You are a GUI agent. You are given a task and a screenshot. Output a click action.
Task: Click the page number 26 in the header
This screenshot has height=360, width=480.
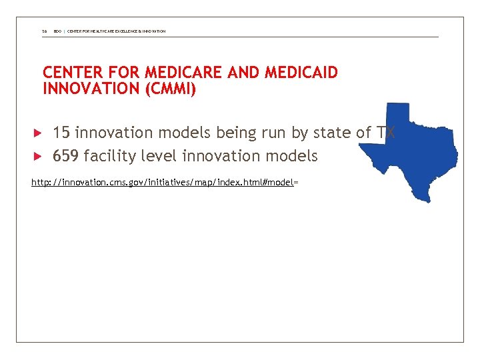[44, 31]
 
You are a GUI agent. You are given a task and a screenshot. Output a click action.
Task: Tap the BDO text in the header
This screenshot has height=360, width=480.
[57, 31]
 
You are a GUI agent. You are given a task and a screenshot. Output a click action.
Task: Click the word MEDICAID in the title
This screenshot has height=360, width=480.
[301, 73]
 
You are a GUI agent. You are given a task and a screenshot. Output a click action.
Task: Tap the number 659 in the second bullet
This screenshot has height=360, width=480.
[66, 157]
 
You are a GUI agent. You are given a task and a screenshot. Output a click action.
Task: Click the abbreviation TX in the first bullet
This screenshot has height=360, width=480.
[386, 133]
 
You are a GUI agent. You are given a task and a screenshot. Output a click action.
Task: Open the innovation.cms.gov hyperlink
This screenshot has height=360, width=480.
[163, 182]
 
